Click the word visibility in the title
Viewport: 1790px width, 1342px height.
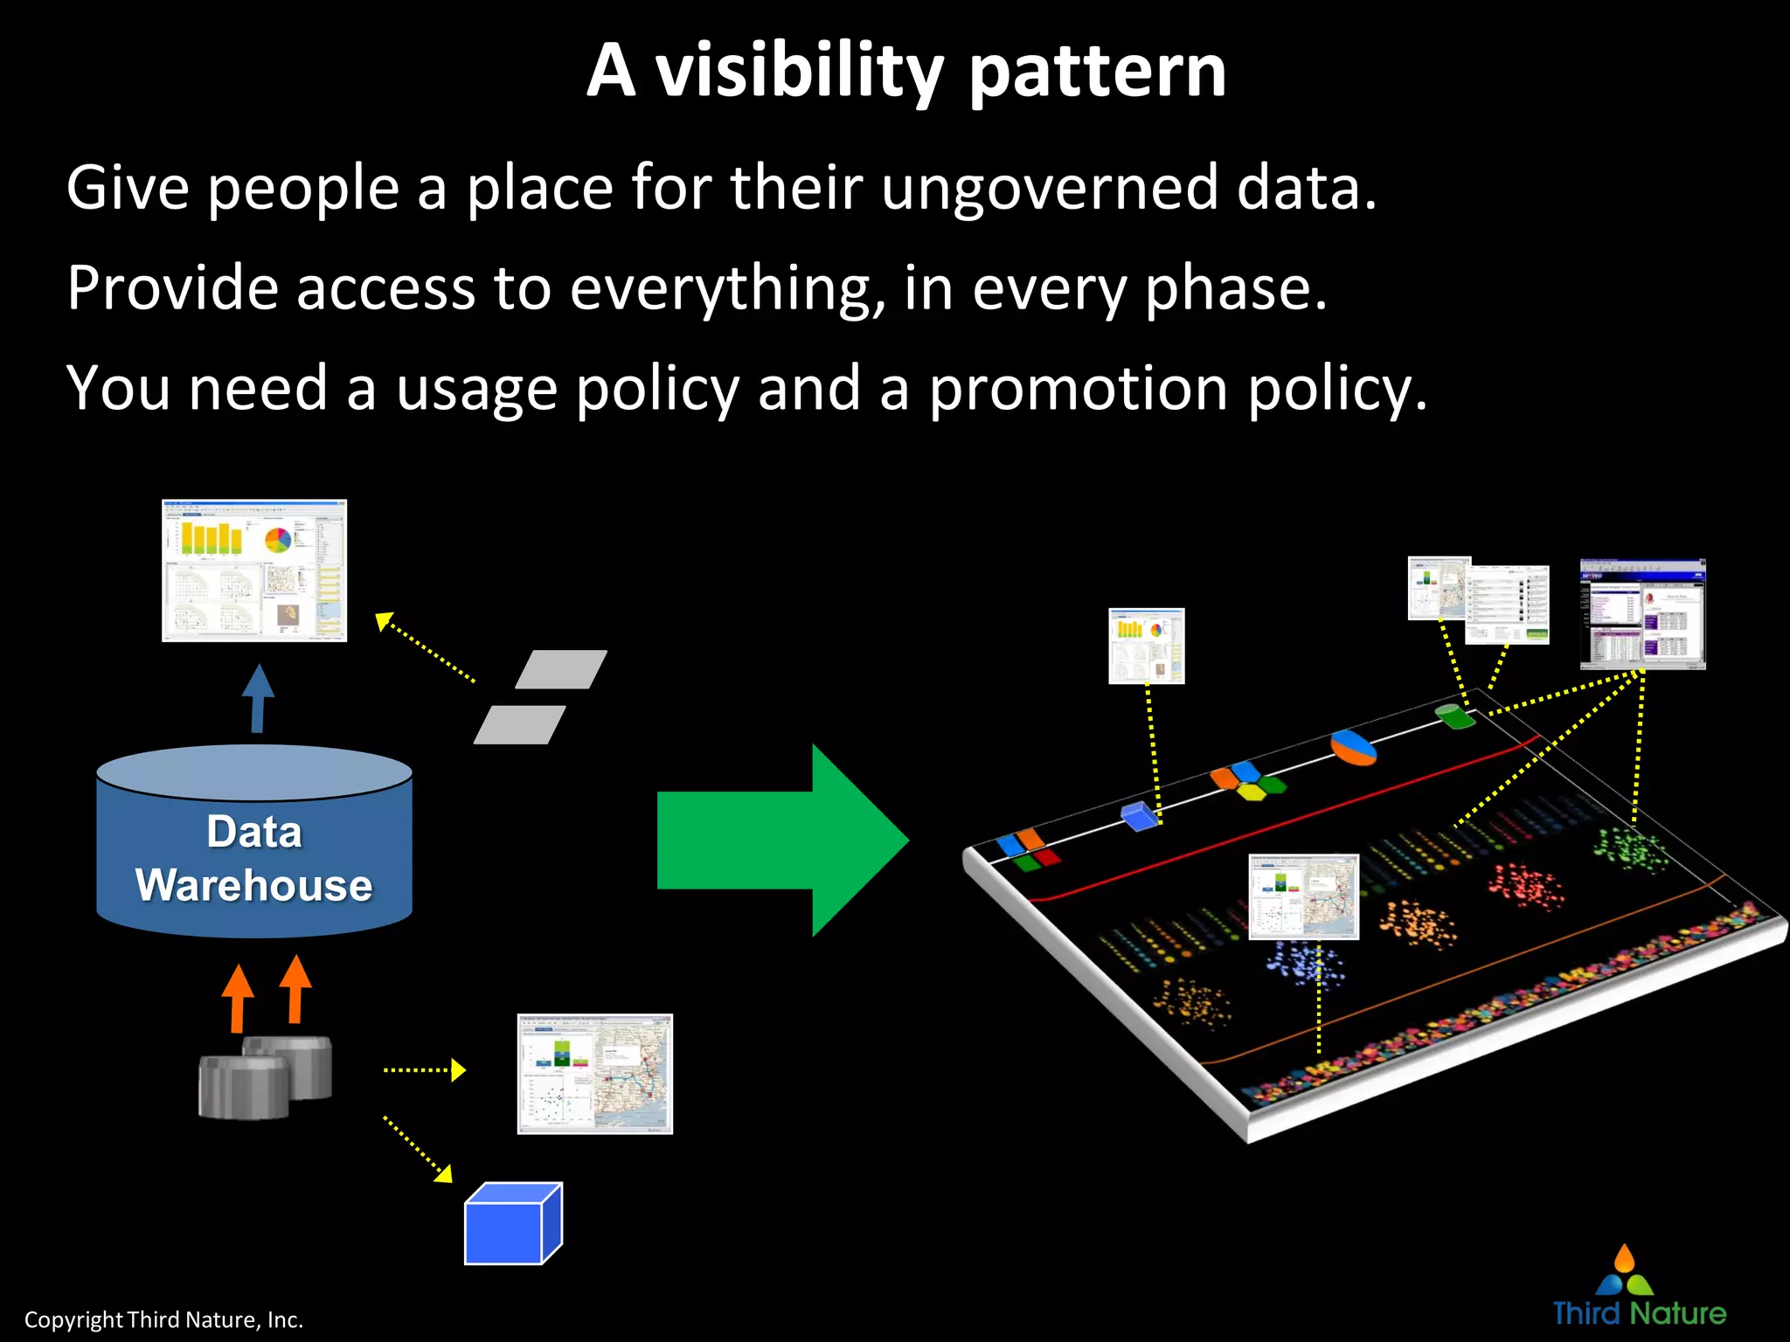coord(799,72)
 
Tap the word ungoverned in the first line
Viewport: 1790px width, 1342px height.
coord(1049,188)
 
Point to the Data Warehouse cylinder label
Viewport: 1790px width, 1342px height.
coord(254,859)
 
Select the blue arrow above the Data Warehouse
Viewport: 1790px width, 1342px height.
coord(258,699)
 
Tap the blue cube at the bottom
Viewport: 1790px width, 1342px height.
coord(512,1225)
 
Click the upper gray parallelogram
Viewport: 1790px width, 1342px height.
coord(561,669)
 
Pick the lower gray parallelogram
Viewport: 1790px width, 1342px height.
coord(520,725)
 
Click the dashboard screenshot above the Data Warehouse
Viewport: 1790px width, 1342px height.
coord(254,571)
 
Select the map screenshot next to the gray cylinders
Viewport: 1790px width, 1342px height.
coord(594,1074)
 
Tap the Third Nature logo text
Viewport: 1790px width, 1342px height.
coord(1639,1313)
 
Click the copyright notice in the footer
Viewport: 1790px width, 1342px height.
coord(163,1319)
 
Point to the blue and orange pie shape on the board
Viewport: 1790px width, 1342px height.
coord(1353,748)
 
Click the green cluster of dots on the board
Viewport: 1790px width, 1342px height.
coord(1631,848)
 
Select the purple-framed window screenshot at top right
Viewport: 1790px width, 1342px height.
coord(1642,614)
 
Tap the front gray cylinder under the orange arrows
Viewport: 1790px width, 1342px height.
coord(244,1087)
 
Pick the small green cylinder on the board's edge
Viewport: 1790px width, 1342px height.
coord(1454,716)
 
